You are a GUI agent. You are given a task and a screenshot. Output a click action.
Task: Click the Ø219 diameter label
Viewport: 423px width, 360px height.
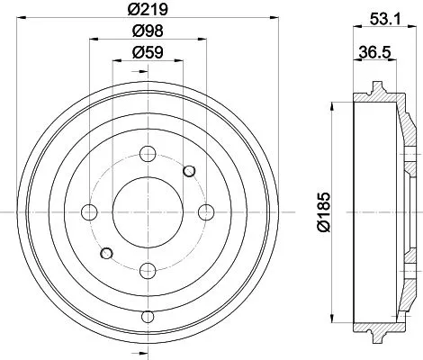148,12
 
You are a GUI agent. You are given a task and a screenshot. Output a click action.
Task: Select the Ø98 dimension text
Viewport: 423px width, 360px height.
148,31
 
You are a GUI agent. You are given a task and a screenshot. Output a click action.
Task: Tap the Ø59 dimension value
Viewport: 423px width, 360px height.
148,52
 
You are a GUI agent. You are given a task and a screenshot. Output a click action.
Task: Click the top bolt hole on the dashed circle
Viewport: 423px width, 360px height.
148,155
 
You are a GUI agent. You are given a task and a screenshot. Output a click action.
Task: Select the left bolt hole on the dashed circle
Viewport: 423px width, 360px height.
89,212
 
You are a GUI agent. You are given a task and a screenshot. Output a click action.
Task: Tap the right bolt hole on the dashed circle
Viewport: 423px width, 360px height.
206,212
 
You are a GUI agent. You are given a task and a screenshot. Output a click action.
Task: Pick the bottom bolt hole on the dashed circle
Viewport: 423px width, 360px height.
148,269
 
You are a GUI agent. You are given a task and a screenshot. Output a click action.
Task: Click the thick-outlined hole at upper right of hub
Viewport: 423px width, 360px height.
189,171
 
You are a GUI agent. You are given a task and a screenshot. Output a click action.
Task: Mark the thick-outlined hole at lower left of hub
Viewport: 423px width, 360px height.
106,253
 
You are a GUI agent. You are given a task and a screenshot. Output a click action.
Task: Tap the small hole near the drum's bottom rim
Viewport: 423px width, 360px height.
148,317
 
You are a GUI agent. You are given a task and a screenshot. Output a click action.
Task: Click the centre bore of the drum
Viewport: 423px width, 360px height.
148,212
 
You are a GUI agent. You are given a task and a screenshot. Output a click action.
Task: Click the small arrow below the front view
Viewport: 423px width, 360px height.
148,351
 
